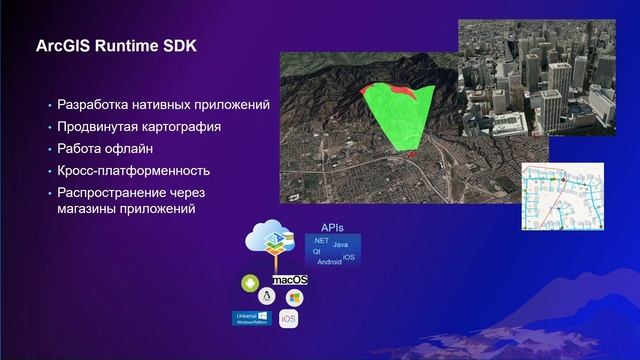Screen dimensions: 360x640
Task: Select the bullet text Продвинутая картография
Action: click(139, 127)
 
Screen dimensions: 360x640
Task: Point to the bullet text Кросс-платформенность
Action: click(133, 171)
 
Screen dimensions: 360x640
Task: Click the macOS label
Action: click(289, 279)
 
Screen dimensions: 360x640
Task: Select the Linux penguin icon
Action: click(266, 297)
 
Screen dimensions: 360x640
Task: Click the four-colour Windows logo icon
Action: click(294, 298)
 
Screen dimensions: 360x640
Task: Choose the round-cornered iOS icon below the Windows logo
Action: click(288, 319)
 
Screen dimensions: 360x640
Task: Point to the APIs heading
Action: click(332, 228)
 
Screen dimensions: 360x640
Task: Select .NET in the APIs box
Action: click(320, 242)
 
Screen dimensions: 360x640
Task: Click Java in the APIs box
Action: click(340, 245)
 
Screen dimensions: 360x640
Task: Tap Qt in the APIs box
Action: click(317, 252)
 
